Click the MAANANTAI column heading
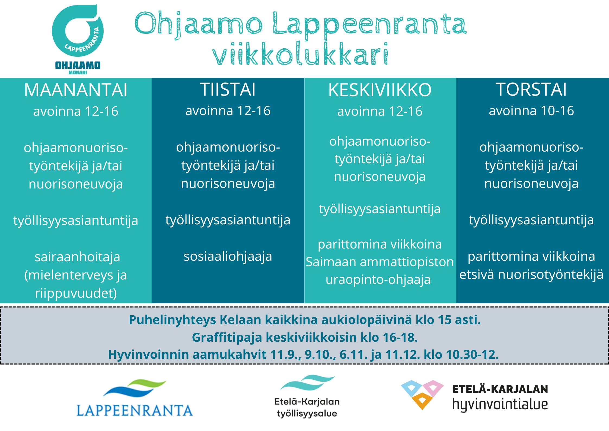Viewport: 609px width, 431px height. pyautogui.click(x=76, y=90)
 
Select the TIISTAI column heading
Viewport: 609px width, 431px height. pyautogui.click(x=228, y=89)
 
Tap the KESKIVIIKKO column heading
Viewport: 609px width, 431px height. pyautogui.click(x=380, y=90)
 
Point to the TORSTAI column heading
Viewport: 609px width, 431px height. pyautogui.click(x=531, y=89)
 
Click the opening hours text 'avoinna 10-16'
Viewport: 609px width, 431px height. pyautogui.click(x=531, y=111)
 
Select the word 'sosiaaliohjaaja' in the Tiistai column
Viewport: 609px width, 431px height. pyautogui.click(x=228, y=256)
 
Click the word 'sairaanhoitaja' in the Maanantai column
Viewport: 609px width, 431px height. pyautogui.click(x=77, y=257)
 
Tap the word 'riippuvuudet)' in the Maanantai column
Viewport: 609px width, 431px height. pyautogui.click(x=76, y=293)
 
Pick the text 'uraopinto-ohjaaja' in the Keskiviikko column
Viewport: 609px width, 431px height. pyautogui.click(x=378, y=280)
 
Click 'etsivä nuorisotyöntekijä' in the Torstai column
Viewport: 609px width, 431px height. pyautogui.click(x=531, y=274)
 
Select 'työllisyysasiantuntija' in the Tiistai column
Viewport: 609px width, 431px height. pyautogui.click(x=228, y=220)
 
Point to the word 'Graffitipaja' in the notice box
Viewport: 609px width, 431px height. pyautogui.click(x=227, y=337)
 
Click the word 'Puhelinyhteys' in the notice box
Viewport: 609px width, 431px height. pyautogui.click(x=172, y=320)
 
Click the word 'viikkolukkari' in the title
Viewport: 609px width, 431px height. pyautogui.click(x=300, y=54)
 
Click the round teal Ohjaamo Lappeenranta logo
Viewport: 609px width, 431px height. pyautogui.click(x=78, y=31)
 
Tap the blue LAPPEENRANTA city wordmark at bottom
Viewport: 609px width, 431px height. pyautogui.click(x=135, y=410)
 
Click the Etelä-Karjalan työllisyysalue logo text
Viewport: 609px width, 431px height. pyautogui.click(x=307, y=407)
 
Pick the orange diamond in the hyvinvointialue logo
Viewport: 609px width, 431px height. pyautogui.click(x=422, y=401)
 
